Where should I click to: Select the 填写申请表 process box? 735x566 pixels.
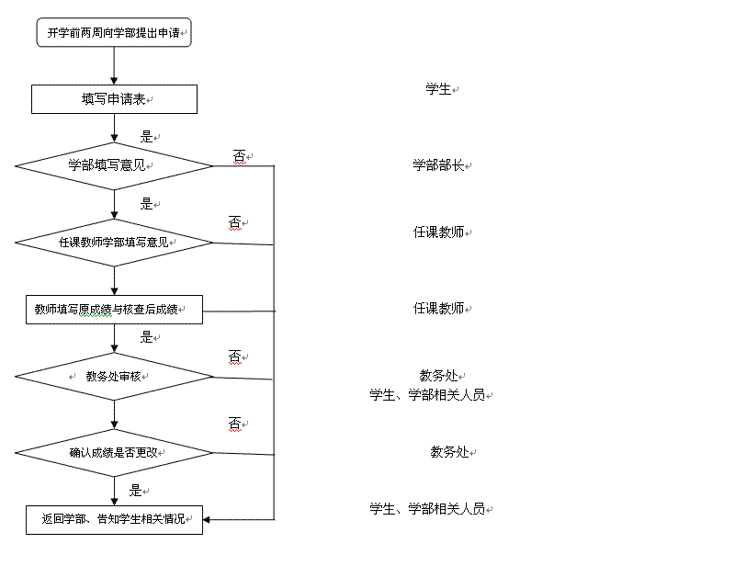(x=114, y=99)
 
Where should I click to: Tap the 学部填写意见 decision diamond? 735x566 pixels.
(x=114, y=166)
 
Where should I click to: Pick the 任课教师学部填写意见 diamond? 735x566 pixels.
(x=114, y=243)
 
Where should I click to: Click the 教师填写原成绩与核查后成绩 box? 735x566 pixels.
(x=114, y=310)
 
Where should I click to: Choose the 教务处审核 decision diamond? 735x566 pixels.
(x=114, y=376)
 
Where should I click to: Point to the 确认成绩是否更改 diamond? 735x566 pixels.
(x=114, y=452)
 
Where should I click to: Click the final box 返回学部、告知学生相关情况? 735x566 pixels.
(x=114, y=518)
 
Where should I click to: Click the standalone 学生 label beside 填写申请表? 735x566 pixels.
(x=438, y=89)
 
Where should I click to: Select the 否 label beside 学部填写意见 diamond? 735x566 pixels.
(x=239, y=157)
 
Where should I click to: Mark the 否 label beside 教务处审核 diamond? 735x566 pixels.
(x=234, y=356)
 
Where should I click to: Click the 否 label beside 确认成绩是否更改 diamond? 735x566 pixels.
(x=234, y=423)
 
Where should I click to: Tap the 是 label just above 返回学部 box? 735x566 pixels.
(x=135, y=491)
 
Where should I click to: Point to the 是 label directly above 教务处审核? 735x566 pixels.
(x=146, y=337)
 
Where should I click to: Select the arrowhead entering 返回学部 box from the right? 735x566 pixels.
(x=208, y=520)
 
